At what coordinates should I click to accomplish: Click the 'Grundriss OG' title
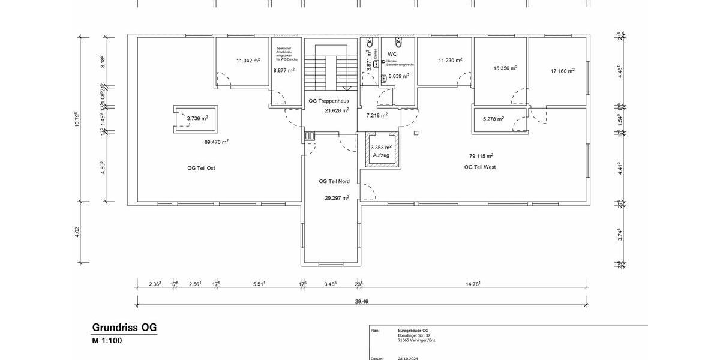124,328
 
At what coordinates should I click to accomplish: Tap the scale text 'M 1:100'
107,341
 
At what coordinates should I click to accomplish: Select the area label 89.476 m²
217,142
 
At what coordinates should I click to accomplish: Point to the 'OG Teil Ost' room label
201,168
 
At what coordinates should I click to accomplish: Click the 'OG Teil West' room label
480,167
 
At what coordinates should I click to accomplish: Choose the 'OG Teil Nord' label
334,181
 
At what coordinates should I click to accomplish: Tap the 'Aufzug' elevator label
381,155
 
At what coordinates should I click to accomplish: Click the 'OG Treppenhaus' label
329,101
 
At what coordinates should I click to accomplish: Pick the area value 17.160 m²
562,71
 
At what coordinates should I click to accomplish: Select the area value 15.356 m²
505,68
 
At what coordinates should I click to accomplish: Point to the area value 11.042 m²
248,61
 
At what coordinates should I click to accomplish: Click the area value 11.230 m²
450,60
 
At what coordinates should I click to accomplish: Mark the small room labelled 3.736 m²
197,118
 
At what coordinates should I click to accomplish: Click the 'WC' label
392,54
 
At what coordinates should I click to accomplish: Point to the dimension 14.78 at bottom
471,284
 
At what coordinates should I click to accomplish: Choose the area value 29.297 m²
337,197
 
